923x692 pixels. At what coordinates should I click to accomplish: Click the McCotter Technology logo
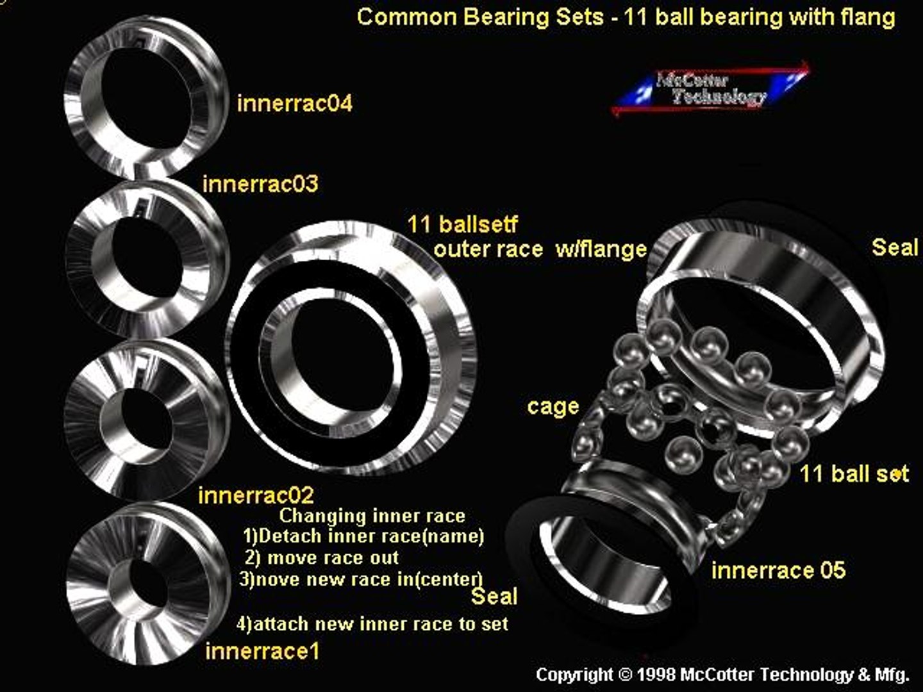[x=710, y=89]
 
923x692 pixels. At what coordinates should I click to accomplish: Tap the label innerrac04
[x=294, y=104]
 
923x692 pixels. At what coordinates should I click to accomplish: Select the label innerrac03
[x=260, y=185]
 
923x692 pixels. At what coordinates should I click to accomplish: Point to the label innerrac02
[x=256, y=495]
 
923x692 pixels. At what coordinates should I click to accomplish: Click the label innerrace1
[x=262, y=652]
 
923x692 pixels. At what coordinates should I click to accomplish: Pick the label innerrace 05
[x=778, y=570]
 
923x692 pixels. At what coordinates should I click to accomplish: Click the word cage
[x=553, y=406]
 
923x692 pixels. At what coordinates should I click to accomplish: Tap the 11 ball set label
[x=854, y=474]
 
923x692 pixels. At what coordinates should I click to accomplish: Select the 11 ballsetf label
[x=462, y=224]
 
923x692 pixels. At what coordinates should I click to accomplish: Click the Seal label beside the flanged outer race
[x=895, y=247]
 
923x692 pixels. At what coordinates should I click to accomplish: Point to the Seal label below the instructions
[x=494, y=597]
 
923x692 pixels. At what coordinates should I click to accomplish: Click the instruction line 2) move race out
[x=322, y=558]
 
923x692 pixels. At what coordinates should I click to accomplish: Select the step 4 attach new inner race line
[x=372, y=623]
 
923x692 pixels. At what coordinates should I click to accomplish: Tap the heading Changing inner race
[x=372, y=516]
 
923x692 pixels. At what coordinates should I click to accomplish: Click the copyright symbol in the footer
[x=625, y=675]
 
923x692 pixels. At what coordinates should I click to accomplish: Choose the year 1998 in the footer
[x=656, y=675]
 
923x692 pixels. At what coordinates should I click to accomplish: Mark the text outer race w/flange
[x=540, y=249]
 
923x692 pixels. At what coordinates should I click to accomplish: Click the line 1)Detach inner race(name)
[x=363, y=536]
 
